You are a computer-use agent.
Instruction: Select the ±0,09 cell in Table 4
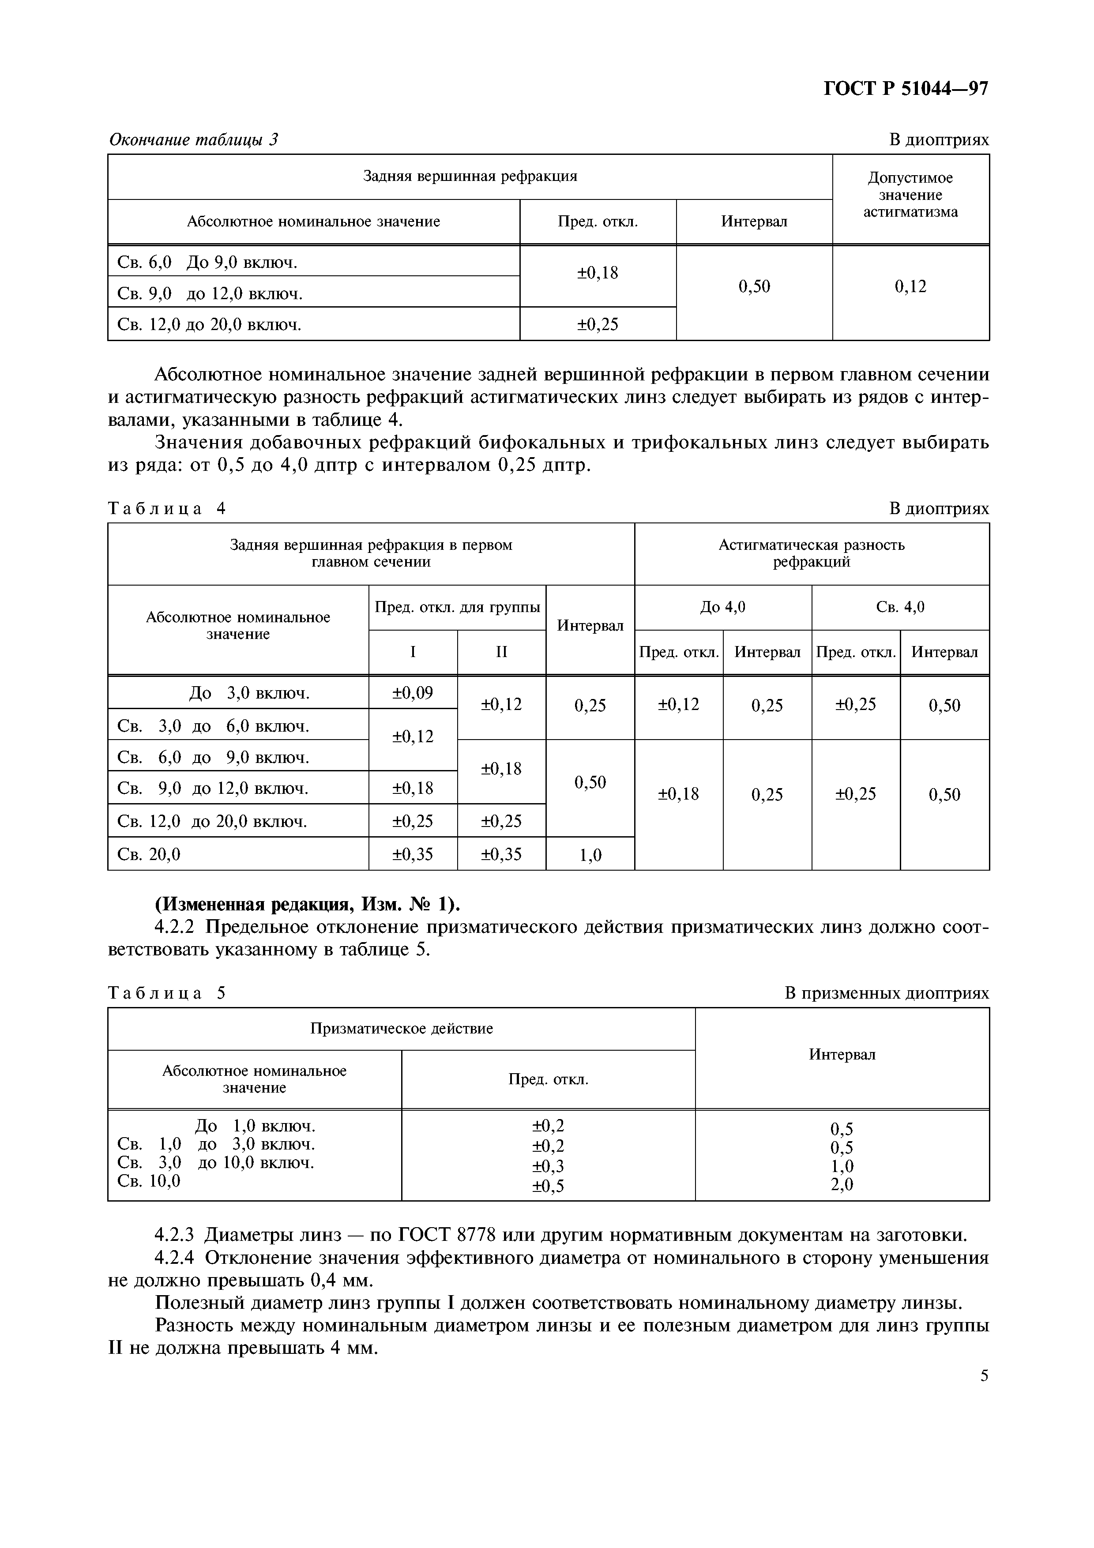click(413, 692)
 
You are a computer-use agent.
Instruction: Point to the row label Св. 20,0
click(149, 854)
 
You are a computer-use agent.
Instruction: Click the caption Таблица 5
click(166, 993)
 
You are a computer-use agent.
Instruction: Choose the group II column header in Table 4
click(501, 652)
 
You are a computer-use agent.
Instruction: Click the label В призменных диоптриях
click(887, 993)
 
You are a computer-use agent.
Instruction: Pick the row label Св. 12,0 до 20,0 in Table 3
click(209, 324)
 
